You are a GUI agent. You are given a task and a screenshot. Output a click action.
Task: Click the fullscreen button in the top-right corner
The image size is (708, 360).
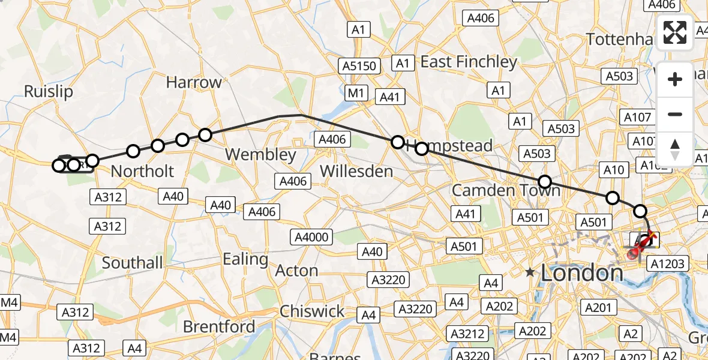[675, 32]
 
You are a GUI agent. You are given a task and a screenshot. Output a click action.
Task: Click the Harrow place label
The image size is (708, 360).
[194, 83]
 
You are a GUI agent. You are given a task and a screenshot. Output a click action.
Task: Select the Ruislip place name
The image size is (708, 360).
[48, 91]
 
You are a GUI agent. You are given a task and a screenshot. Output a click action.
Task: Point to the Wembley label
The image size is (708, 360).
[260, 155]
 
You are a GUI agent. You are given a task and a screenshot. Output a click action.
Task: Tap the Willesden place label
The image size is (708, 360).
[356, 171]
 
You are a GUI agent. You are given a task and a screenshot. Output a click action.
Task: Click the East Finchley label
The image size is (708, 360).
[469, 62]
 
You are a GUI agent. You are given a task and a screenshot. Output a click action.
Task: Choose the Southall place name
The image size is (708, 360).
[132, 263]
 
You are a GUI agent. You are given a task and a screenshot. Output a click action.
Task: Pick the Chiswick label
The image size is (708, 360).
[312, 311]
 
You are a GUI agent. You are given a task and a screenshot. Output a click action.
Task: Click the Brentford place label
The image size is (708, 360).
[218, 327]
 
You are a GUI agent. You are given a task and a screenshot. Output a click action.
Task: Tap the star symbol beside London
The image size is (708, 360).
[530, 272]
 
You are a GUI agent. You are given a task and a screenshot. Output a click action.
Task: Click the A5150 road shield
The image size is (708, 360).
[359, 65]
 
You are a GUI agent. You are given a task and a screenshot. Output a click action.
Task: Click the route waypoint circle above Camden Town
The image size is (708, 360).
[544, 182]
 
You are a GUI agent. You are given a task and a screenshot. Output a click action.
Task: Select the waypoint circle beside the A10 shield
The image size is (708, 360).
[613, 197]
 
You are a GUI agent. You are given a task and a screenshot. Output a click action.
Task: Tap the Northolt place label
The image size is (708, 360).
[142, 171]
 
